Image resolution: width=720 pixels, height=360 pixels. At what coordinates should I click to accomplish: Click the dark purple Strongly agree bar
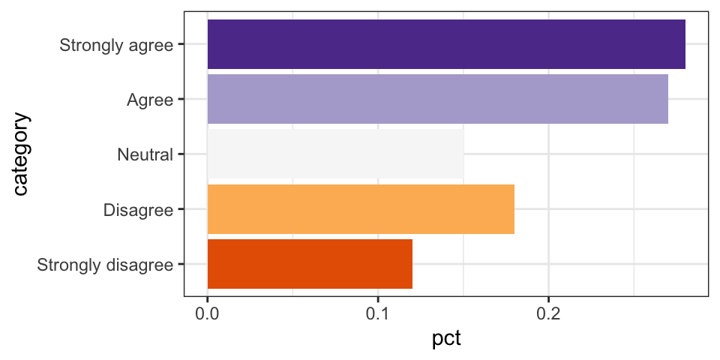[x=446, y=44]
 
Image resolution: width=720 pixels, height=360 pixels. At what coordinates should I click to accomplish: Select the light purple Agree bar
[x=437, y=99]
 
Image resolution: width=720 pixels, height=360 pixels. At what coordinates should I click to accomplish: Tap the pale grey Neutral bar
[x=335, y=154]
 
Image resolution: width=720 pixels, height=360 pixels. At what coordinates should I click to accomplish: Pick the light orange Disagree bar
[x=361, y=209]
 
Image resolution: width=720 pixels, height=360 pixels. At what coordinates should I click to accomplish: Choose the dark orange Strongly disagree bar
[x=310, y=264]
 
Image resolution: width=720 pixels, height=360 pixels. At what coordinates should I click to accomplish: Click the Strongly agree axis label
[x=116, y=44]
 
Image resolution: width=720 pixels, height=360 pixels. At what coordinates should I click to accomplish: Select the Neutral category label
[x=145, y=154]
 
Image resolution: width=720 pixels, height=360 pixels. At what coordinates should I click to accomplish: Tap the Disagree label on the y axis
[x=139, y=209]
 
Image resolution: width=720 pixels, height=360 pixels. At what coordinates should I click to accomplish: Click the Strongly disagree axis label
[x=105, y=264]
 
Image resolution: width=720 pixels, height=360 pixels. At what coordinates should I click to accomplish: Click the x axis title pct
[x=446, y=339]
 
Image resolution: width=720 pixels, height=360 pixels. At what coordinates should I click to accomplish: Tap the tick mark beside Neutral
[x=180, y=154]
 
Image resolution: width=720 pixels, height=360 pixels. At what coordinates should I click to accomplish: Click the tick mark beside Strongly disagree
[x=180, y=264]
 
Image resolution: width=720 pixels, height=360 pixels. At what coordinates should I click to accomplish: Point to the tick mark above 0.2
[x=548, y=299]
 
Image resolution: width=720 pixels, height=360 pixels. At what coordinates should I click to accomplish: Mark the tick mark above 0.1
[x=378, y=299]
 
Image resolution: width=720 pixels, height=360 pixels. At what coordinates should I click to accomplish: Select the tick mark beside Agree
[x=180, y=99]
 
